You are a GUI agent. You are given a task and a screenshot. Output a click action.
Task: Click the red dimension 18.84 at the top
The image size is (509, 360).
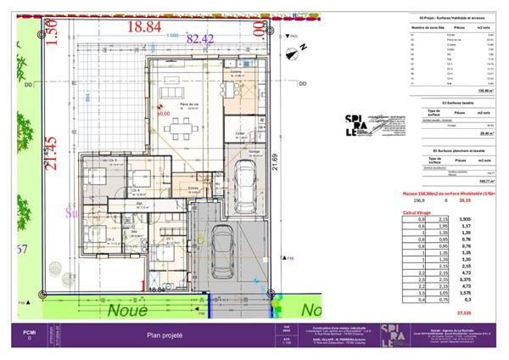tap(143, 27)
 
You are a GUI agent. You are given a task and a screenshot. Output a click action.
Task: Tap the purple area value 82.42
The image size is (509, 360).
tap(200, 38)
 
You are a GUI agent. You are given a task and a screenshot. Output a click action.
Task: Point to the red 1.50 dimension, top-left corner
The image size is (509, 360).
tap(50, 37)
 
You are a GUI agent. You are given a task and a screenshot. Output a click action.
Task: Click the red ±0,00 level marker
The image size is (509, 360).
tap(163, 111)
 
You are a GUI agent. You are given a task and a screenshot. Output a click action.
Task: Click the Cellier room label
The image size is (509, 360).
tap(240, 133)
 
